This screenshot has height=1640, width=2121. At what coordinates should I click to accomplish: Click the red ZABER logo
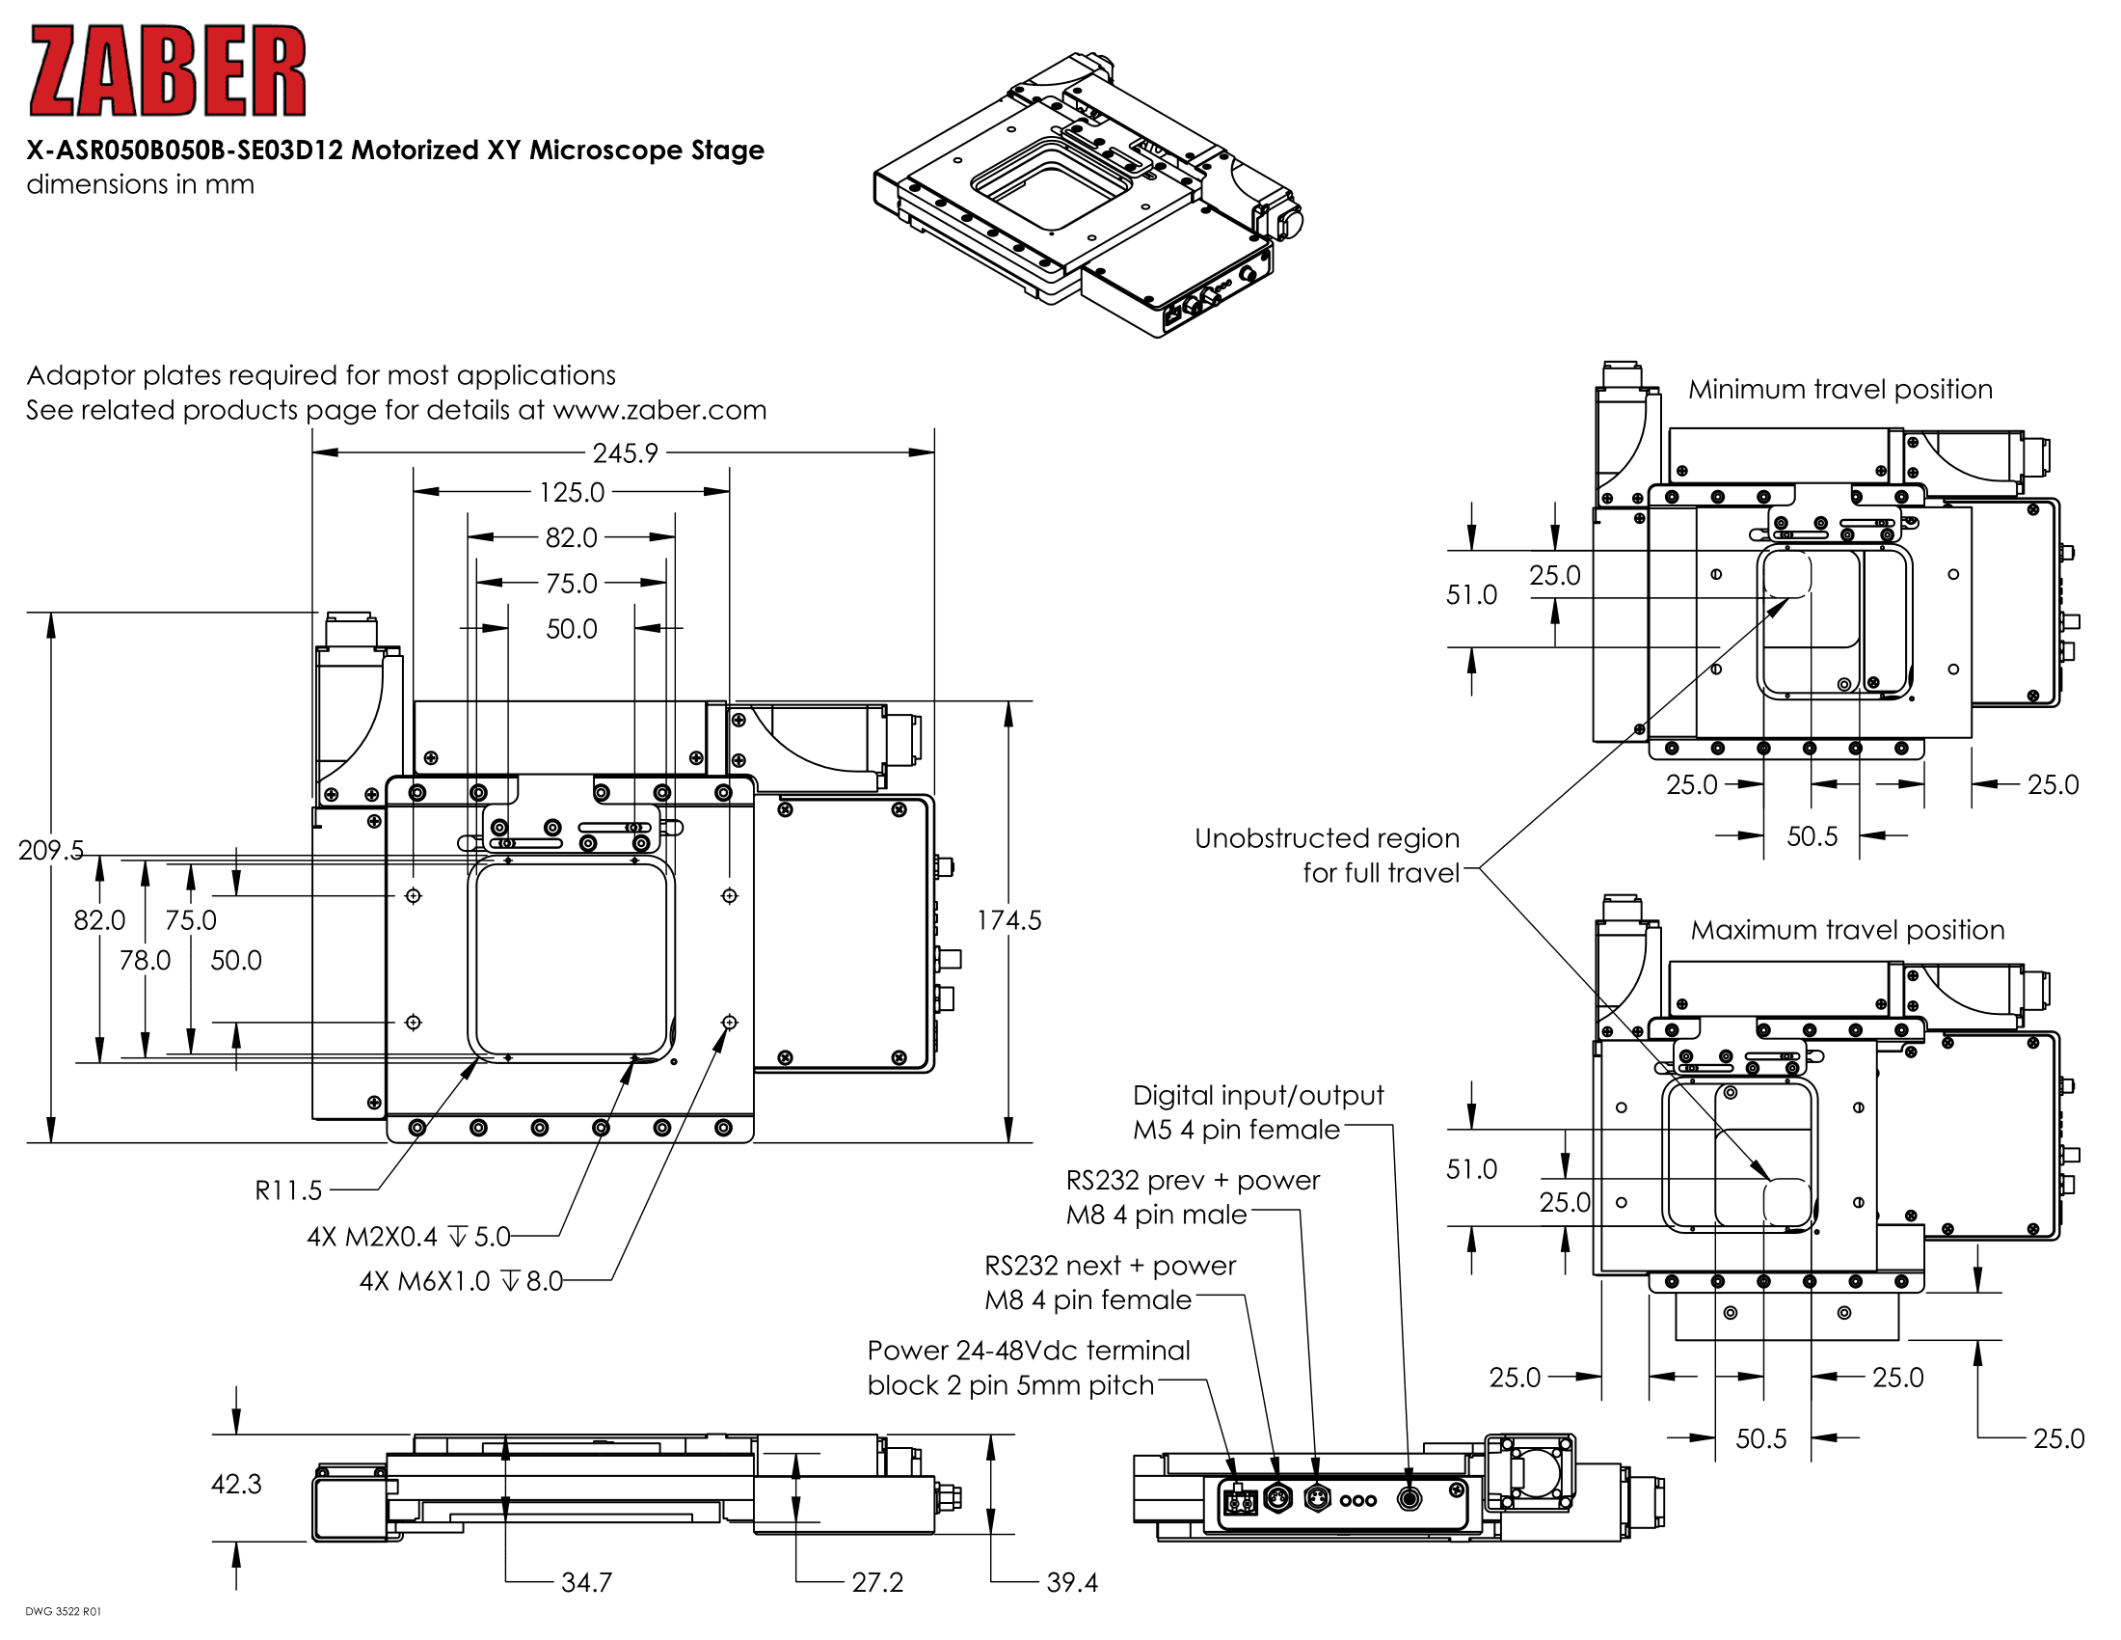167,71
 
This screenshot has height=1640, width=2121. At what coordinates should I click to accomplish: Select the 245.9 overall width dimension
625,452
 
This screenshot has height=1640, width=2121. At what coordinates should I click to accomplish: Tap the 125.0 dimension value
571,493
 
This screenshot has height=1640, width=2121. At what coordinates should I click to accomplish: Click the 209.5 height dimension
50,850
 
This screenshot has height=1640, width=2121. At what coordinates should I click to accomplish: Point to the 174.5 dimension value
1008,920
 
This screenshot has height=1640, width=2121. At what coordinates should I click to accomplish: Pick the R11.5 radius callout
287,1190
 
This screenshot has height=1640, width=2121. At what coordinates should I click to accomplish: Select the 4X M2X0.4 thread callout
408,1236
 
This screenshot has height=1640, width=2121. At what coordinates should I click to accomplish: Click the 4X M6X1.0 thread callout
460,1280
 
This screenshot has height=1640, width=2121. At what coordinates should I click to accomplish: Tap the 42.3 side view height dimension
236,1484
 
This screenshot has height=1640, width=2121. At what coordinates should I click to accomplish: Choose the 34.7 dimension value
586,1583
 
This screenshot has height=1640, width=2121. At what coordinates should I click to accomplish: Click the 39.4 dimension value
1071,1583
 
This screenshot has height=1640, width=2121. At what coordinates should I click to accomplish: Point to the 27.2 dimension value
877,1583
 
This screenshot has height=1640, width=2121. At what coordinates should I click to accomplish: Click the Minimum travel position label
1839,390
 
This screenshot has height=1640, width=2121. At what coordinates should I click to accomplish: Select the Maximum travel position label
1847,930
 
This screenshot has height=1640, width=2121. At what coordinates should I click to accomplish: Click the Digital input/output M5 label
1256,1111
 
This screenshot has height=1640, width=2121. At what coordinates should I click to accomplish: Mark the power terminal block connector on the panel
1239,1503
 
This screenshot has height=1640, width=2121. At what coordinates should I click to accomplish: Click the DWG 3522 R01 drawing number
63,1612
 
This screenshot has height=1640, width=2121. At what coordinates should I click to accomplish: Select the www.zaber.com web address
659,410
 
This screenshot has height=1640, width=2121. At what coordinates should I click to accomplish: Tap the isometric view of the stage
1087,194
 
